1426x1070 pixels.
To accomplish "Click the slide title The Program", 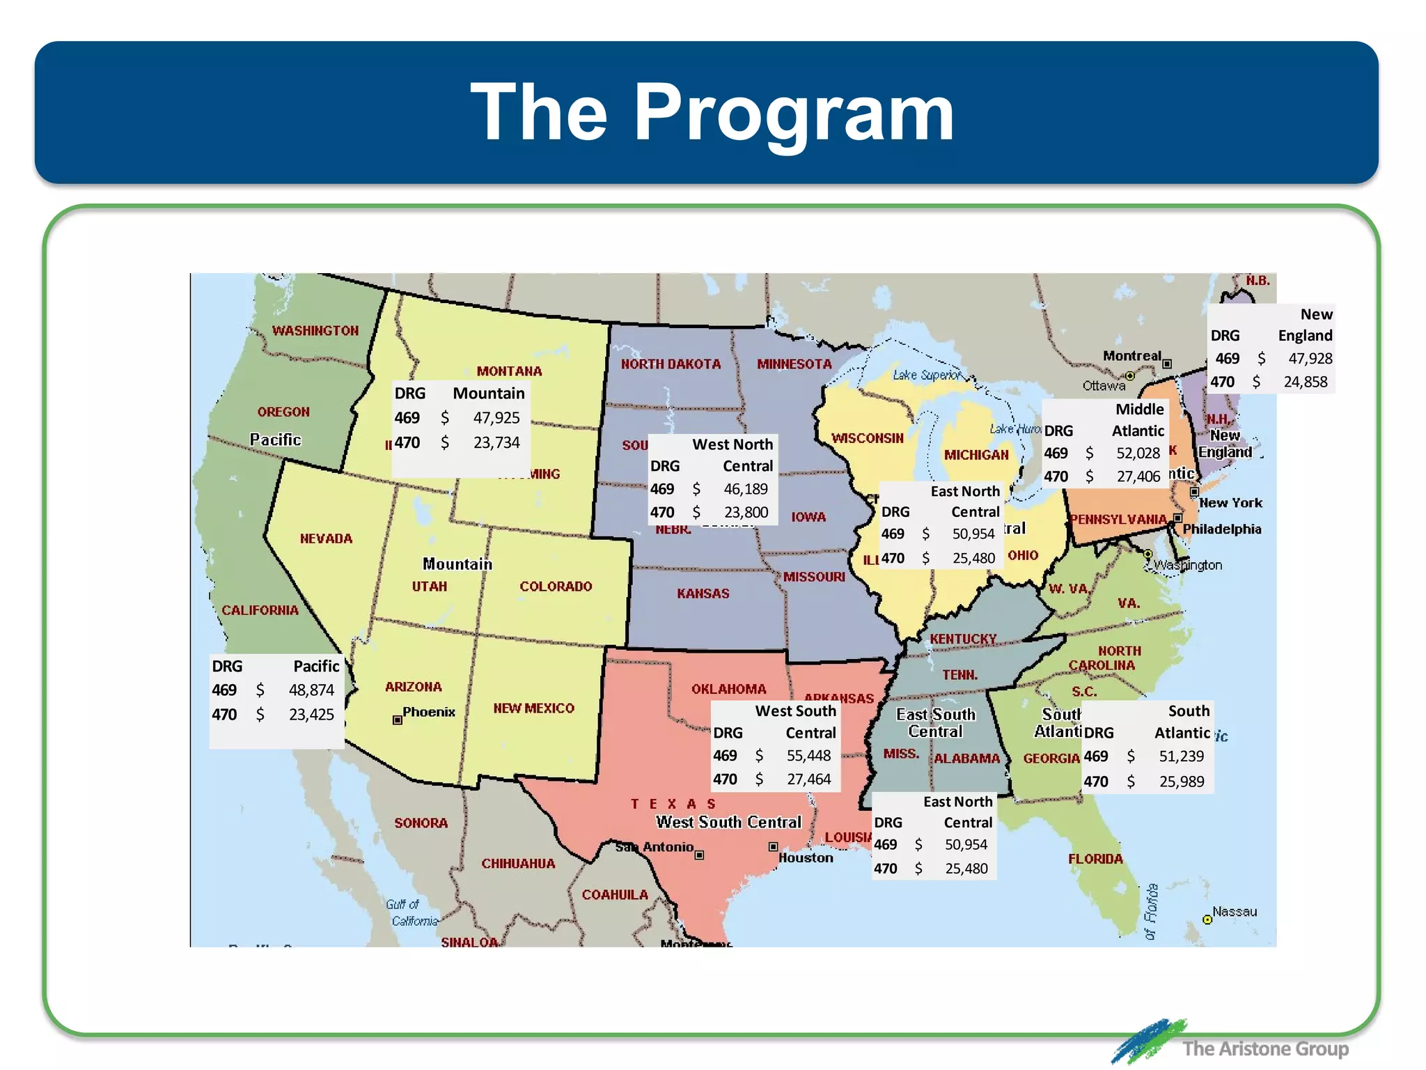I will [x=712, y=111].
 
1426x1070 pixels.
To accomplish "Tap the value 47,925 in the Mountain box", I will [x=496, y=418].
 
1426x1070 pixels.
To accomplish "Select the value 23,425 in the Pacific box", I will [x=311, y=715].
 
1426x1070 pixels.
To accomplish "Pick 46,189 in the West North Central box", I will [x=746, y=489].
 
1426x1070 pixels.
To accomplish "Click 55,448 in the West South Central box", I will [x=808, y=756].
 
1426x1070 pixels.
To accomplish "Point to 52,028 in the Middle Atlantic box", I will [x=1138, y=453].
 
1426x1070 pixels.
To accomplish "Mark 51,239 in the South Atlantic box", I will [x=1181, y=757].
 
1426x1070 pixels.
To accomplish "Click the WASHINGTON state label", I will [x=315, y=331].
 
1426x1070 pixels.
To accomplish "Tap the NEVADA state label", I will [x=326, y=538].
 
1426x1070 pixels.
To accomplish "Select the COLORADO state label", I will [x=556, y=587].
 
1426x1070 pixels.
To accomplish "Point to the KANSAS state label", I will [x=703, y=594].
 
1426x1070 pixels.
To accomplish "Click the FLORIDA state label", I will [x=1095, y=859].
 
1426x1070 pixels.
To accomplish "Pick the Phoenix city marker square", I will [x=398, y=720].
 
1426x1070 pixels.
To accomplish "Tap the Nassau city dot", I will [x=1208, y=920].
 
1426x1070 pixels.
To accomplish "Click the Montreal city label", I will [x=1131, y=356].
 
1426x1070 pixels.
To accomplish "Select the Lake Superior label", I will [x=926, y=375].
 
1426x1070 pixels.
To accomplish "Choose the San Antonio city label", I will [x=655, y=847].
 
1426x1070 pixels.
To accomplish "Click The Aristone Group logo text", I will [x=1264, y=1048].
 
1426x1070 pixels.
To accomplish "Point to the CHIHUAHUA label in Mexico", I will [x=518, y=864].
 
